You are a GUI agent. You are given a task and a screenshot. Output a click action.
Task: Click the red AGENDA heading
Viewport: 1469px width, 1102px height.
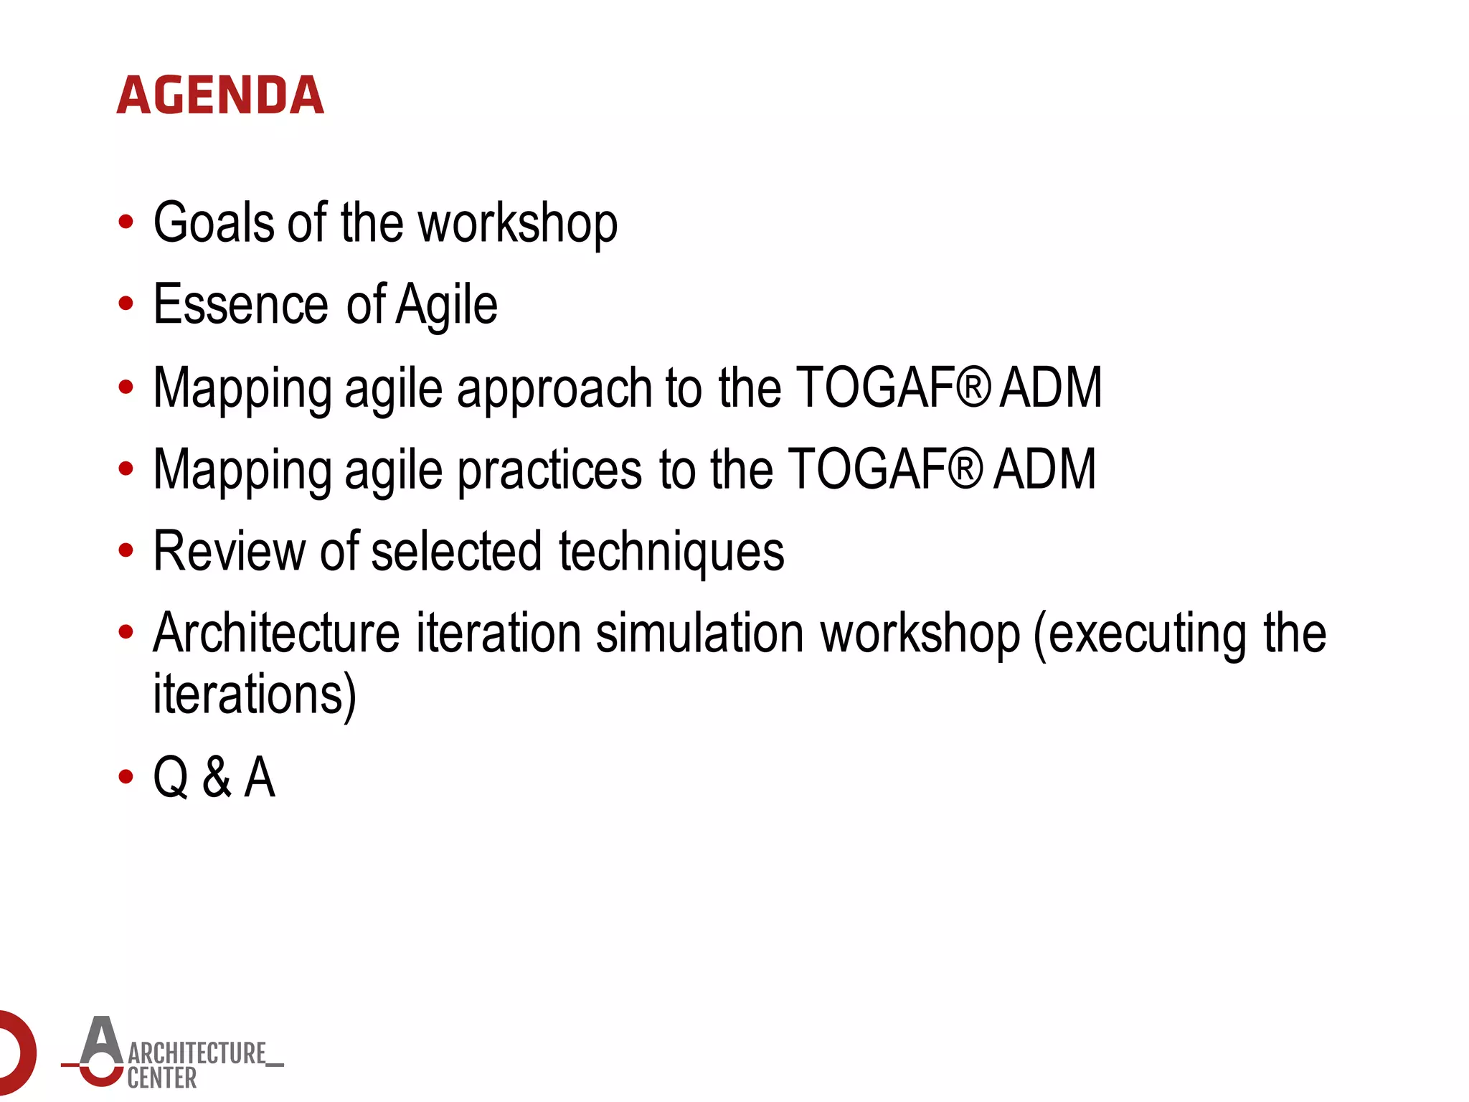pyautogui.click(x=220, y=95)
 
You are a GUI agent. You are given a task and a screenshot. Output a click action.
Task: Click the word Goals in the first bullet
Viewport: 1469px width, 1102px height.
pyautogui.click(x=213, y=222)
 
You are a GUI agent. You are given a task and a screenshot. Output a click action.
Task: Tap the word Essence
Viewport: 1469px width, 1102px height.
pyautogui.click(x=241, y=304)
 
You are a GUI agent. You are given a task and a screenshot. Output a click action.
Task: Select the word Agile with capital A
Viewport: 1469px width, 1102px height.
pyautogui.click(x=446, y=306)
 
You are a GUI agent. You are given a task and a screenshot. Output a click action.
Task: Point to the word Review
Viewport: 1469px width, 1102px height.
pyautogui.click(x=230, y=551)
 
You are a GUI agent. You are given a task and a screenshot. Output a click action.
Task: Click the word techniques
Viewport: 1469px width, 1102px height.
pyautogui.click(x=671, y=552)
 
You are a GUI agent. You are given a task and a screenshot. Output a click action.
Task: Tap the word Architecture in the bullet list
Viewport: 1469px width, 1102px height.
pyautogui.click(x=276, y=634)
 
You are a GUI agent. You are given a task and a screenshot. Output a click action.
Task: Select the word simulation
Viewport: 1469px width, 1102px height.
pyautogui.click(x=700, y=634)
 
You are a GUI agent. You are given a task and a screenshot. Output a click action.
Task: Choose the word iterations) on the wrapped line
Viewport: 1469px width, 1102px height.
pyautogui.click(x=255, y=694)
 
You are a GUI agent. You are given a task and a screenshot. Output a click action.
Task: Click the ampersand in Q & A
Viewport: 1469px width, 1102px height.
pyautogui.click(x=217, y=777)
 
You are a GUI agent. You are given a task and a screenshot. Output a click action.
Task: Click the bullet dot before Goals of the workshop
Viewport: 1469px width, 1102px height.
pyautogui.click(x=126, y=222)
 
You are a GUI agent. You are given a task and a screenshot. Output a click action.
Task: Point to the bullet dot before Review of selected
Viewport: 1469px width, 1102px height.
pyautogui.click(x=126, y=551)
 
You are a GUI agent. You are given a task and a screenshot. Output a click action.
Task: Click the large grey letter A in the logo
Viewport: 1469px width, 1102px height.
pyautogui.click(x=101, y=1040)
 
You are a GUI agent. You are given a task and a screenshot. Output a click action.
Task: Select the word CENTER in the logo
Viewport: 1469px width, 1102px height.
pyautogui.click(x=162, y=1078)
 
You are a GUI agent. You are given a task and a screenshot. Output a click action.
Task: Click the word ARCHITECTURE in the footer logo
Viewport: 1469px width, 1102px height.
pyautogui.click(x=197, y=1053)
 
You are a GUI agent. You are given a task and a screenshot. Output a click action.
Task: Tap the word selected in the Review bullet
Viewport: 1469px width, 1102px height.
pyautogui.click(x=456, y=551)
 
